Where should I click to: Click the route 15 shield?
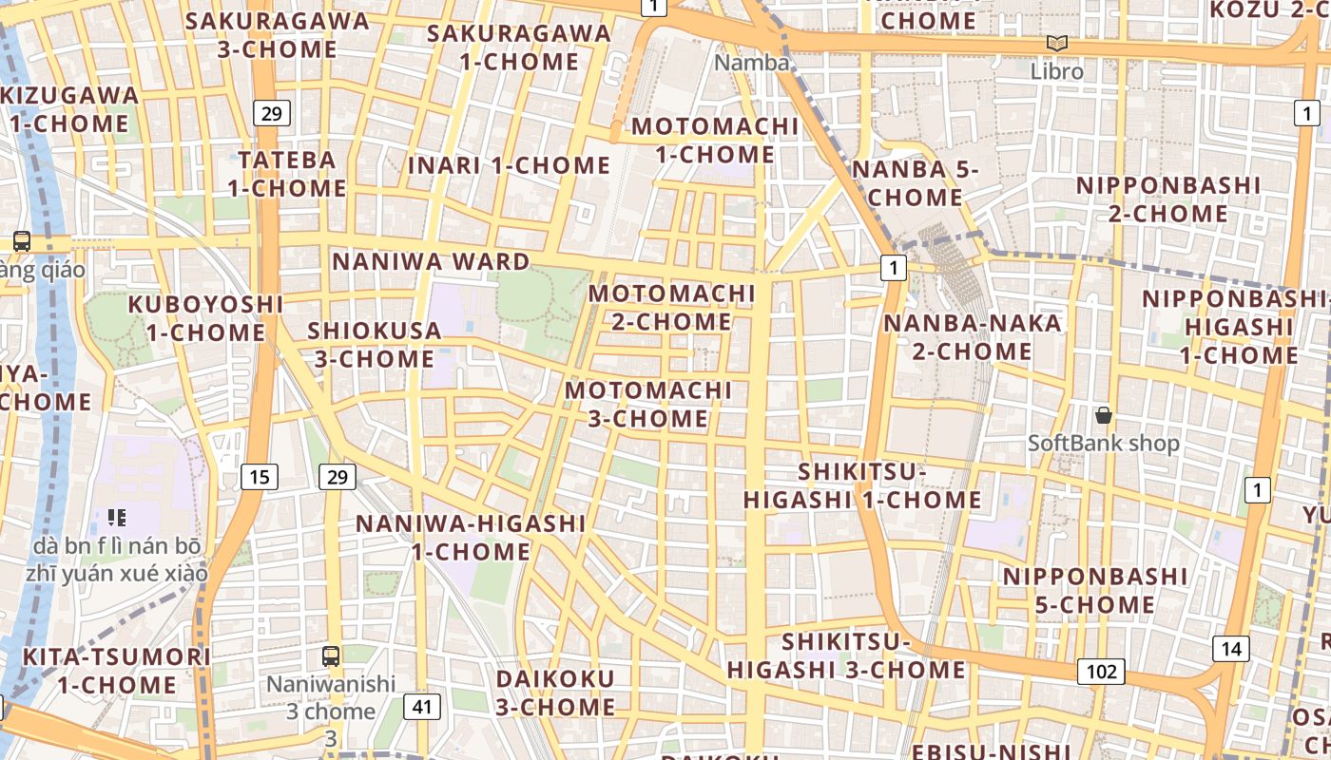click(260, 476)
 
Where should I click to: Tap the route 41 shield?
click(421, 706)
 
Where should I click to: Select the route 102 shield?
click(1101, 672)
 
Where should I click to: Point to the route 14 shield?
click(1231, 649)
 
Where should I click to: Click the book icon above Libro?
click(1056, 44)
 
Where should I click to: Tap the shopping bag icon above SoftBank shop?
click(1104, 415)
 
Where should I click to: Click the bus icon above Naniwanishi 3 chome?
click(331, 655)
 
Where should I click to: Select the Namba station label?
click(752, 63)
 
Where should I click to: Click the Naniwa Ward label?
click(431, 261)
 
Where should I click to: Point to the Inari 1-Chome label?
click(509, 165)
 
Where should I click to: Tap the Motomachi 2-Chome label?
click(671, 307)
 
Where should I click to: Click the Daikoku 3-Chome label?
click(555, 693)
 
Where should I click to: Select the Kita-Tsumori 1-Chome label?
click(116, 670)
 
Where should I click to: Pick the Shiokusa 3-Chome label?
click(375, 345)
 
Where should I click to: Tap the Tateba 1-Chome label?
click(287, 173)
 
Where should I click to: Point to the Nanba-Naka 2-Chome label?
click(958, 336)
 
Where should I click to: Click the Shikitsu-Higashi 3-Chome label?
click(846, 655)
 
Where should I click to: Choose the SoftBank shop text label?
click(1103, 443)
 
